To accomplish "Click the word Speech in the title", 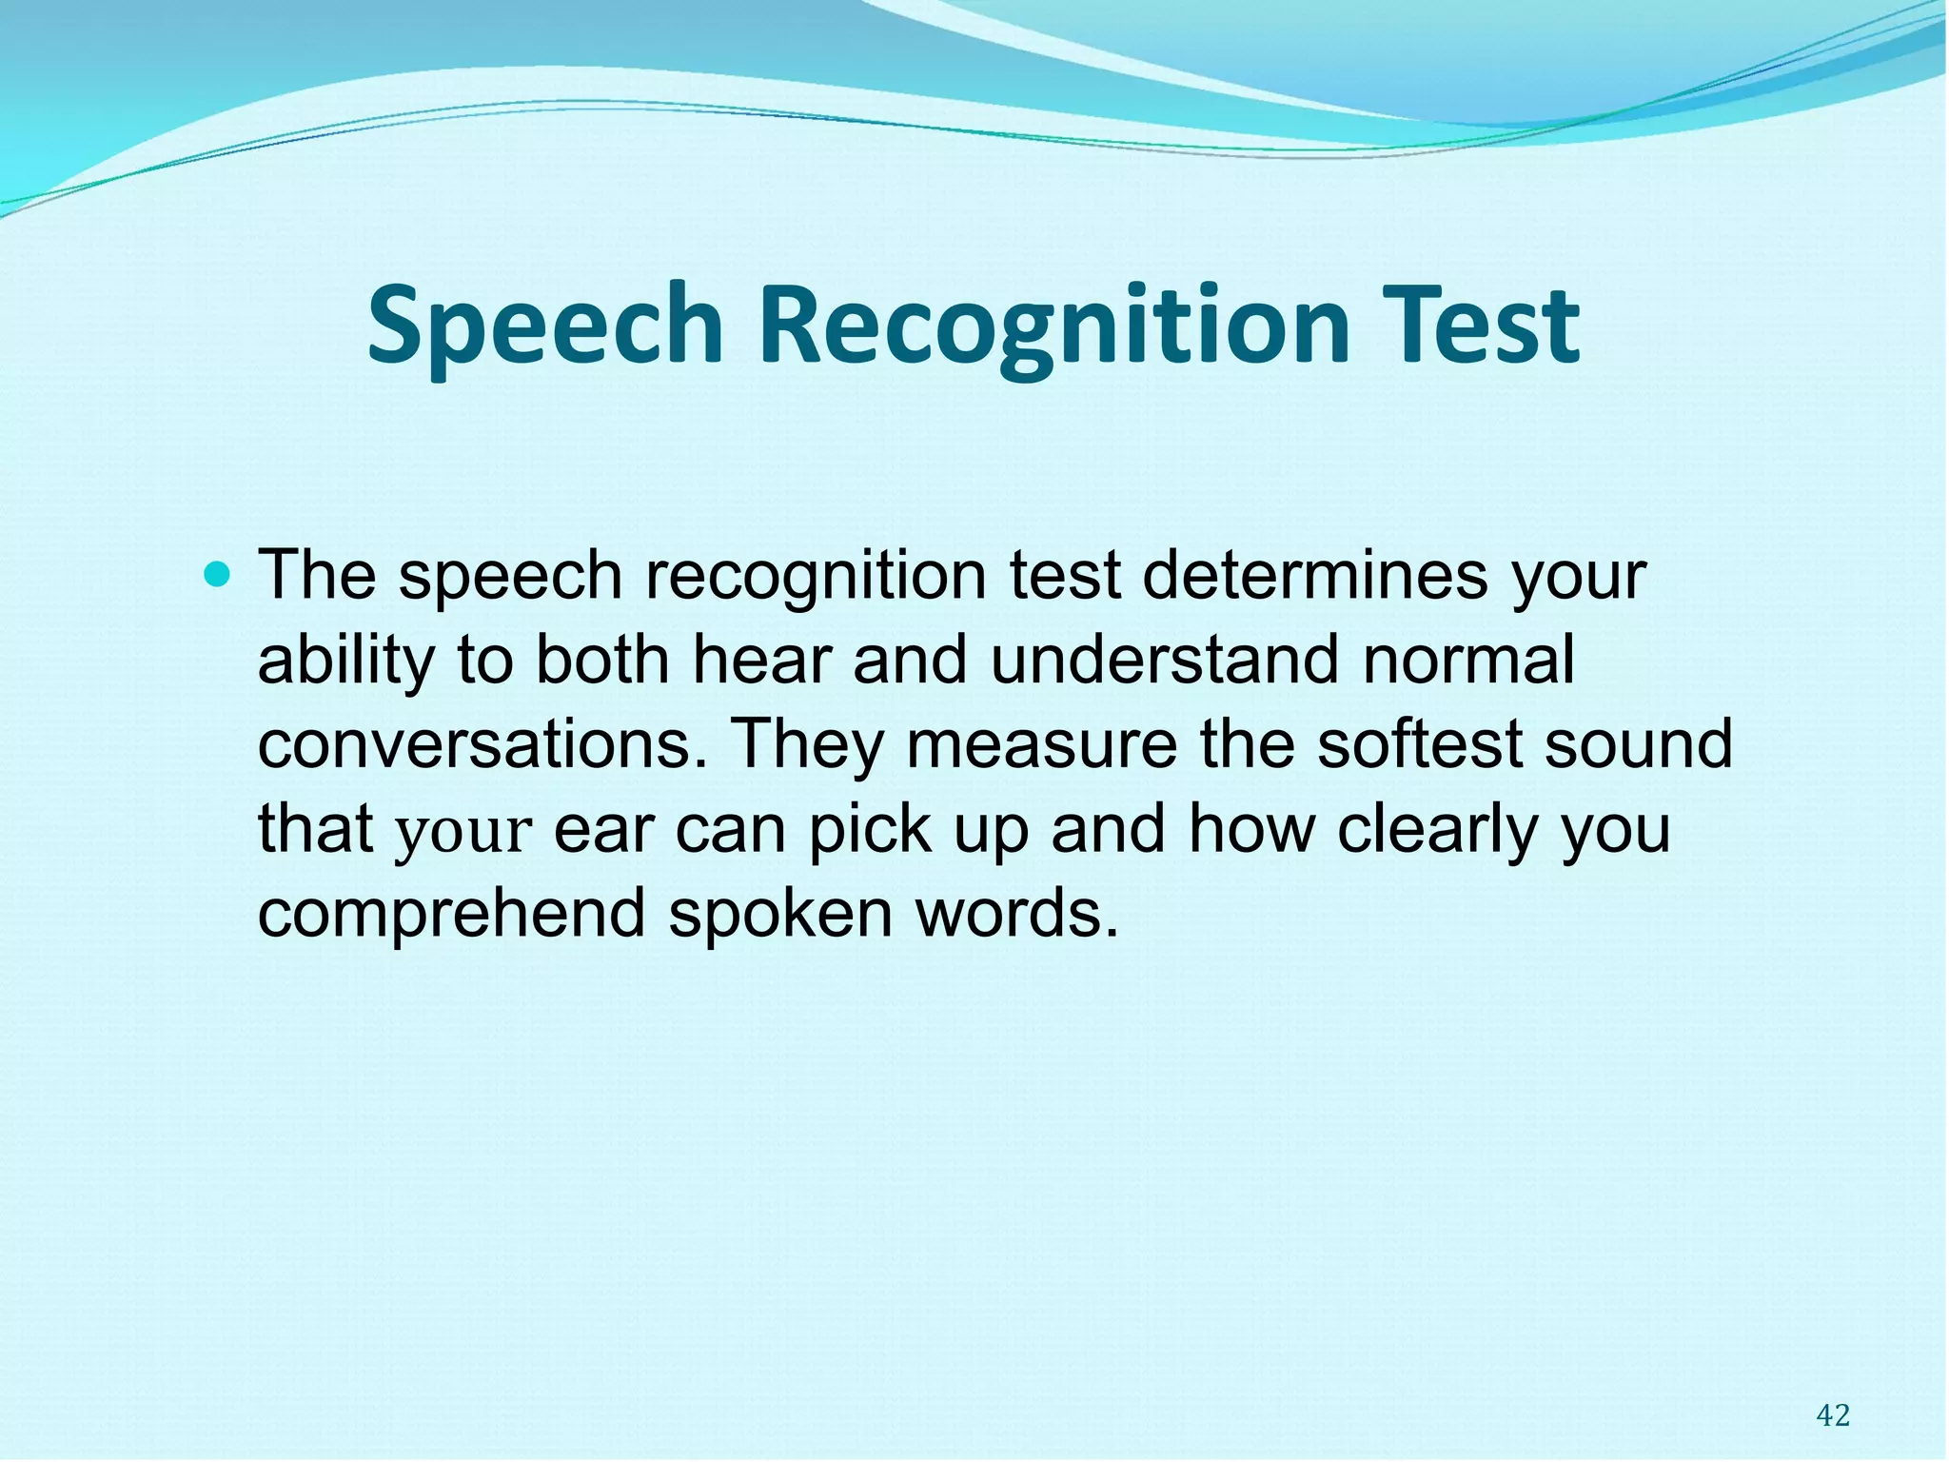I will click(x=545, y=326).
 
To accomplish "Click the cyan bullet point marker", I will click(x=218, y=574).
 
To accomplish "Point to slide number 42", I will click(x=1832, y=1415).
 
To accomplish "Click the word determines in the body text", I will click(x=1314, y=576).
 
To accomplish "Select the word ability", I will click(x=345, y=661).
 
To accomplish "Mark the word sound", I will click(x=1638, y=745).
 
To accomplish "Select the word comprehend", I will click(x=451, y=914).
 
